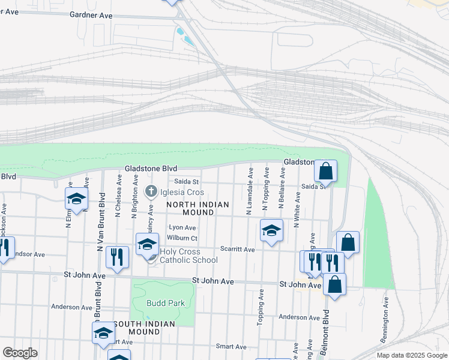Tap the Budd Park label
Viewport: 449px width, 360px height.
tap(166, 303)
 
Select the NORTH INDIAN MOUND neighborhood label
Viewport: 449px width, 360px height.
tap(197, 209)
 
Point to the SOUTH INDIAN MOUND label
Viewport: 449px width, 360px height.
tap(144, 328)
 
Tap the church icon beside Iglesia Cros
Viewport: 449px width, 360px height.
tap(151, 193)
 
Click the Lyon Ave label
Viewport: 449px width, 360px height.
tap(182, 228)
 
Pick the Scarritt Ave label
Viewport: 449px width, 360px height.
tap(238, 250)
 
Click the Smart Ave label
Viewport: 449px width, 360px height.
tap(231, 346)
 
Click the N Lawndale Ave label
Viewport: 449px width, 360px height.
tap(250, 191)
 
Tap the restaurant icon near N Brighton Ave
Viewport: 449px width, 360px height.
tap(118, 257)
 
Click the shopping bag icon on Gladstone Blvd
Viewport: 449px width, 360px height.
tap(325, 171)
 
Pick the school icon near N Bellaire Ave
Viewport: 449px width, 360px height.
tap(271, 230)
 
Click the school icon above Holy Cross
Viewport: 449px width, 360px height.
tap(147, 244)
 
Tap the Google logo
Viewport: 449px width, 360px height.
tap(20, 353)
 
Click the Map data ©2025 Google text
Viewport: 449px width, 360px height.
tap(412, 355)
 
